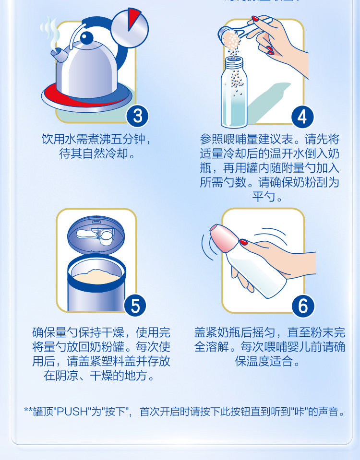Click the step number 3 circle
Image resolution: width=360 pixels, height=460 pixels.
click(137, 116)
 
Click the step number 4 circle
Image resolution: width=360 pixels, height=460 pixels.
click(302, 117)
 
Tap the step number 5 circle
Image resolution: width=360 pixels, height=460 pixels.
click(135, 306)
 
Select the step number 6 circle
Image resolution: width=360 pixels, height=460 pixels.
click(303, 306)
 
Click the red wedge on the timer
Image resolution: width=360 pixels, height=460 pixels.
click(133, 18)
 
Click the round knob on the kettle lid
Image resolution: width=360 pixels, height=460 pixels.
click(86, 38)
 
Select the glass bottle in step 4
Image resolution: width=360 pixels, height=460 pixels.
click(234, 93)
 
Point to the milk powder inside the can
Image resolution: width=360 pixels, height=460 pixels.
click(96, 275)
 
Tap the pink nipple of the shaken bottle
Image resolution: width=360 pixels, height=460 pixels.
click(224, 237)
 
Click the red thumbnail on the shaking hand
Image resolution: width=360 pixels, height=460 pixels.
click(243, 242)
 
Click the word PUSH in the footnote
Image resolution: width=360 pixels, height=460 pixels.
click(72, 412)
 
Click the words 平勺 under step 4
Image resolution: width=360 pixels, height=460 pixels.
click(264, 197)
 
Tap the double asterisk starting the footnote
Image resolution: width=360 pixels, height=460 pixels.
click(28, 410)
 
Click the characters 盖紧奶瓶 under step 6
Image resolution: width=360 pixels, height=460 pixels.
click(217, 332)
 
